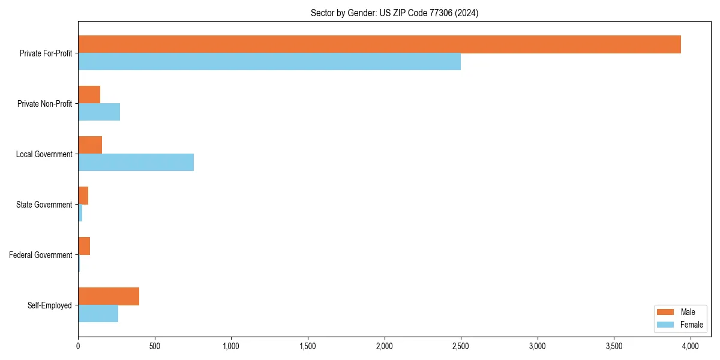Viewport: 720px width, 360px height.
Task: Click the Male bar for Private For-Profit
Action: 379,44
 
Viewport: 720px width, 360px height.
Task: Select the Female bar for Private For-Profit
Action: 269,62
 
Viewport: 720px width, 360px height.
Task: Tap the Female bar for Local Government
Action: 136,163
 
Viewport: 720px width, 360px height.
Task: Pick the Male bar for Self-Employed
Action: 109,296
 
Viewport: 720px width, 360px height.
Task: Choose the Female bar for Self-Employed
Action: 98,314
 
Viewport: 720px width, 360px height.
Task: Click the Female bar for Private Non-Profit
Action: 99,112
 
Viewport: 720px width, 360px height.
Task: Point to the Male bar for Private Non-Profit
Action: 89,95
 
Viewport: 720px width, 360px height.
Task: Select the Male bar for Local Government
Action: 90,145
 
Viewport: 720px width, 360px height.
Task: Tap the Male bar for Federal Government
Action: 84,246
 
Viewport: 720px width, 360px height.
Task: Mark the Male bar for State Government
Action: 83,196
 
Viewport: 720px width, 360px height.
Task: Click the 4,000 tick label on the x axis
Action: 691,346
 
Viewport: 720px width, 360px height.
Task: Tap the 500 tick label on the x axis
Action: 154,346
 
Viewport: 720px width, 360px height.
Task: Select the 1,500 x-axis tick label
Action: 308,346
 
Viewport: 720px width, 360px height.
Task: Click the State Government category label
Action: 44,205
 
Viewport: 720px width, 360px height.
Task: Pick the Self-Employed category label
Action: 49,305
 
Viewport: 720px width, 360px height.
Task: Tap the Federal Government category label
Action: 41,255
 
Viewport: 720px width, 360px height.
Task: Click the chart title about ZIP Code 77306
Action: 394,13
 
